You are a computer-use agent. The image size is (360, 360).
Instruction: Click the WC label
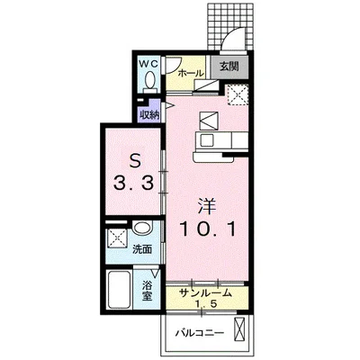pyautogui.click(x=148, y=64)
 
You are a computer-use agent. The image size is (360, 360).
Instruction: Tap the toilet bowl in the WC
pyautogui.click(x=149, y=79)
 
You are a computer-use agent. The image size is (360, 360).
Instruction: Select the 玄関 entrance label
pyautogui.click(x=229, y=67)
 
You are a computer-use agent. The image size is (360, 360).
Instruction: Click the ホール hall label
pyautogui.click(x=191, y=73)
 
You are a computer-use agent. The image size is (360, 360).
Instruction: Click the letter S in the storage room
pyautogui.click(x=135, y=162)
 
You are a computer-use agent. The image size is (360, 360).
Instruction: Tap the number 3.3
pyautogui.click(x=134, y=183)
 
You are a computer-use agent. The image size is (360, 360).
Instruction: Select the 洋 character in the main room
pyautogui.click(x=207, y=207)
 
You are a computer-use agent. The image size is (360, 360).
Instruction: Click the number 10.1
pyautogui.click(x=207, y=229)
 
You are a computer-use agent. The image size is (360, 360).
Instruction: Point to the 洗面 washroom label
pyautogui.click(x=142, y=248)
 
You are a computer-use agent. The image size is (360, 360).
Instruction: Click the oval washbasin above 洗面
pyautogui.click(x=142, y=229)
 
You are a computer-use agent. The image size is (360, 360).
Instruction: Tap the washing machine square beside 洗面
pyautogui.click(x=117, y=238)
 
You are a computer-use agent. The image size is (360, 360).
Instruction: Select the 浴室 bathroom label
pyautogui.click(x=148, y=292)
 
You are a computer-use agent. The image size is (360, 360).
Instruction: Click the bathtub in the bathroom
pyautogui.click(x=119, y=290)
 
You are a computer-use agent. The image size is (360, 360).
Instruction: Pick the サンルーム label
pyautogui.click(x=205, y=292)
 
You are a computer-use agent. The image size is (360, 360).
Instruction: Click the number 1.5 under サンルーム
pyautogui.click(x=206, y=304)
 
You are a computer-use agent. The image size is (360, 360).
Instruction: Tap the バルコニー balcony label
pyautogui.click(x=200, y=333)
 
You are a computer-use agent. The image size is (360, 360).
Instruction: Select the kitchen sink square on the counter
pyautogui.click(x=206, y=140)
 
